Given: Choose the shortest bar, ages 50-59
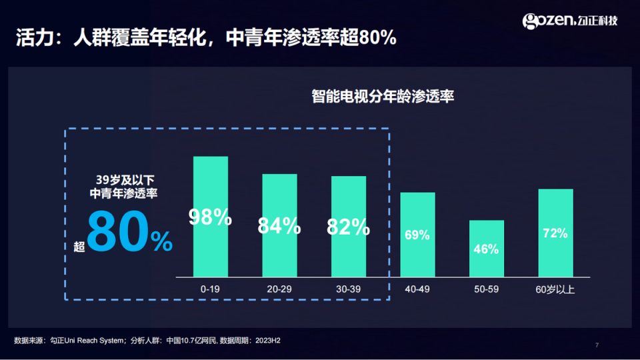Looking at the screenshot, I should tap(487, 263).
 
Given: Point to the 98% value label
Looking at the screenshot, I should tap(210, 217).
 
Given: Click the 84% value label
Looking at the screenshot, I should tap(279, 226).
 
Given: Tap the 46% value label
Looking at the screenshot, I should tap(486, 249).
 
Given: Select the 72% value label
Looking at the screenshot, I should tap(555, 233).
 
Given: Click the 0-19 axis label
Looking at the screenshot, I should tap(211, 289).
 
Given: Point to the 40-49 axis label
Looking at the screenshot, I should tap(417, 289).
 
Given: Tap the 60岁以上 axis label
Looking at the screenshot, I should tap(555, 289).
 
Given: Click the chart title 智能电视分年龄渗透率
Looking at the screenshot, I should tap(383, 96).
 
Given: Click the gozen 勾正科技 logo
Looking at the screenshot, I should tap(571, 21).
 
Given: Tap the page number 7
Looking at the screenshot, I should tap(597, 345).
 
